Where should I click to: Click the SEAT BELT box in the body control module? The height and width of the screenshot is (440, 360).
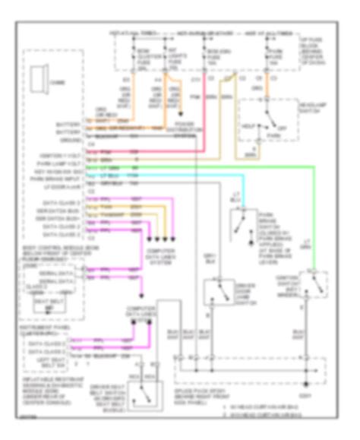(47, 305)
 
